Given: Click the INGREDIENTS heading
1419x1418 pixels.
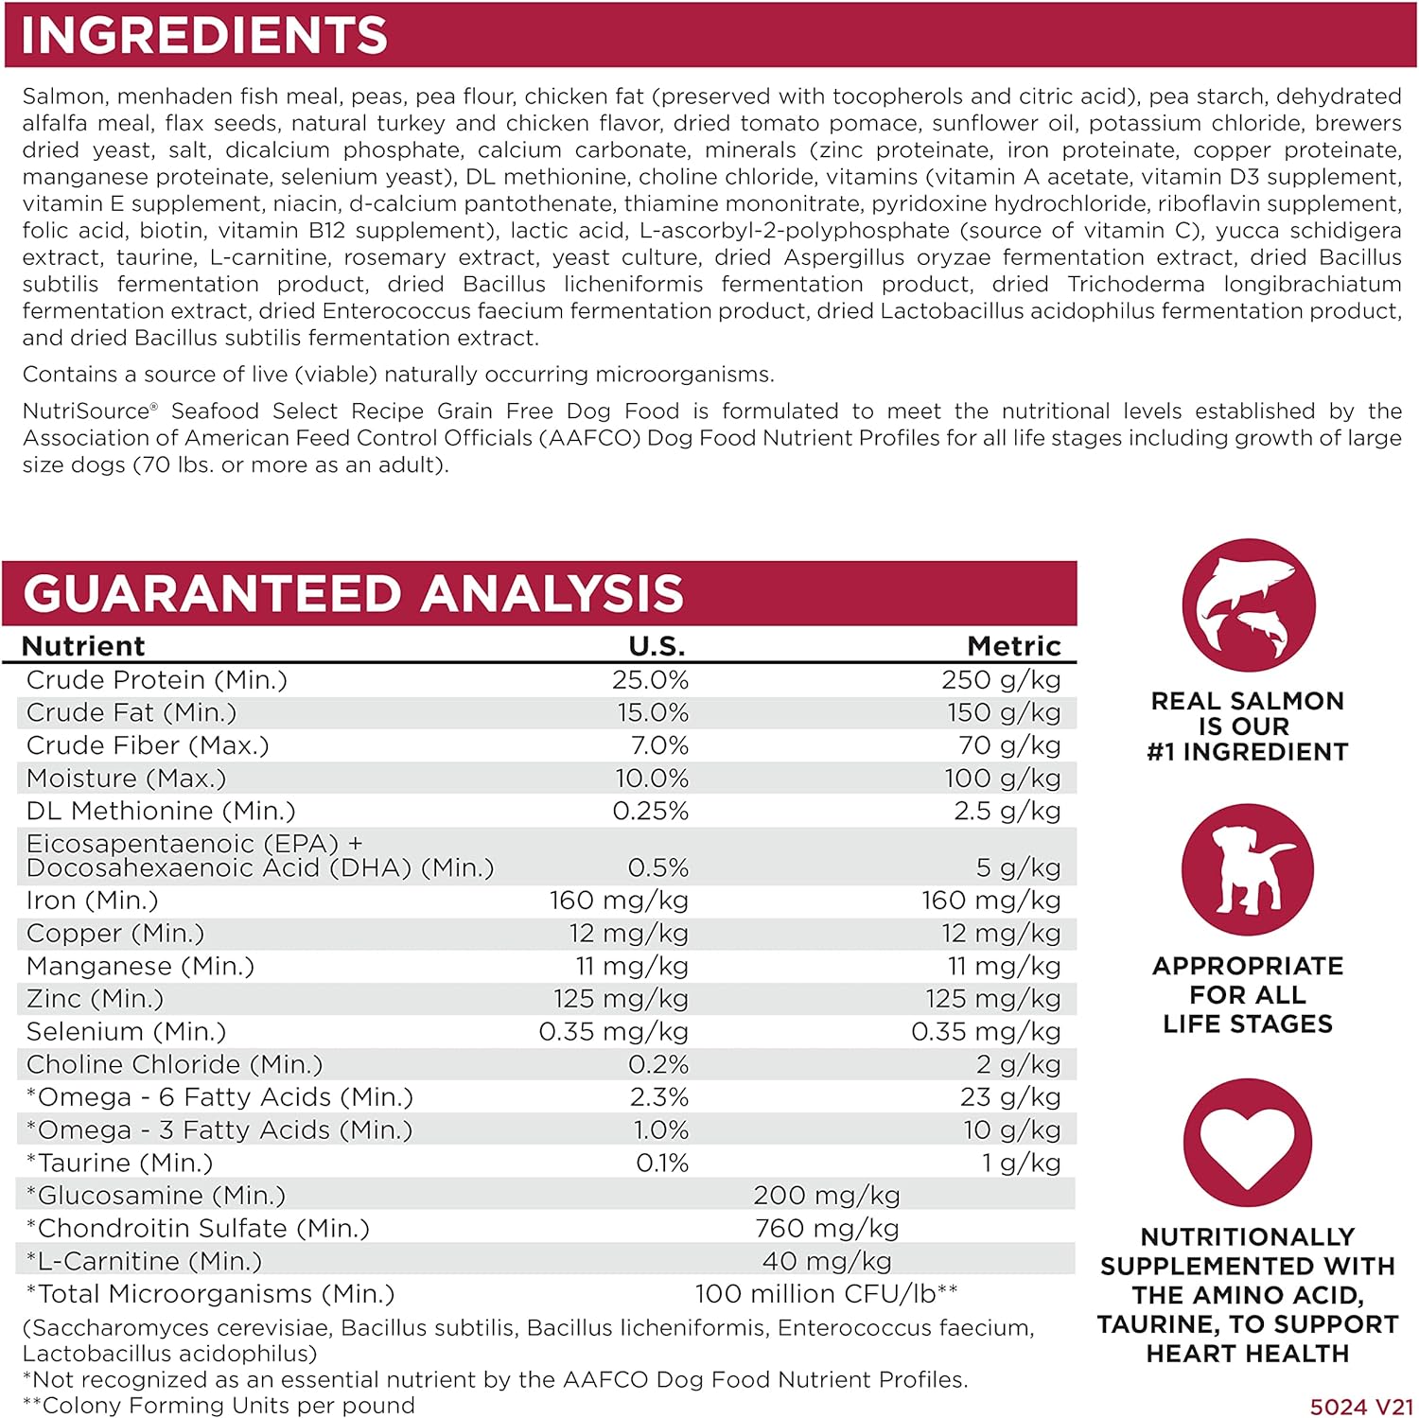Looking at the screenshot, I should pos(203,36).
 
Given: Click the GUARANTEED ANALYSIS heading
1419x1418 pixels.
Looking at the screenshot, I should pos(353,594).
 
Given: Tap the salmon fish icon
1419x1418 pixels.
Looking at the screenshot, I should pos(1248,605).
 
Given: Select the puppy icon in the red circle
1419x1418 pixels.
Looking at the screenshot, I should pos(1248,870).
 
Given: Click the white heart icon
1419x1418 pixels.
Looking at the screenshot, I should pos(1248,1144).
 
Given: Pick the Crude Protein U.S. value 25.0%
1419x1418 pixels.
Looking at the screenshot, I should pos(650,680).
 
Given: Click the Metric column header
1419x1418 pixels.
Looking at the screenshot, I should pos(1013,646).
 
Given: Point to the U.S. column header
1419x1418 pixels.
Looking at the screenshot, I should pos(657,646).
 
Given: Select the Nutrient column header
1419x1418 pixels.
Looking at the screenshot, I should pos(83,646).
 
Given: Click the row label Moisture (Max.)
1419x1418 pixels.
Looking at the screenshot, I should pos(127,779).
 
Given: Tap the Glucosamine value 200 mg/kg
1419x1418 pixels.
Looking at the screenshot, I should pos(826,1196).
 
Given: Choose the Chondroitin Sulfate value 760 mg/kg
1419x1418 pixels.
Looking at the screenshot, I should pos(826,1229).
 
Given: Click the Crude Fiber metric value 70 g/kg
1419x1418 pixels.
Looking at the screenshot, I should pos(1008,745).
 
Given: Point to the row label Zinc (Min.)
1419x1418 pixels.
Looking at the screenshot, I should pos(95,999).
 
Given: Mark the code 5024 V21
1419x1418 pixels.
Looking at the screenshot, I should pos(1361,1407).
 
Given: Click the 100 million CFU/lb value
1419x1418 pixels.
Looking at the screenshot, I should pos(826,1294).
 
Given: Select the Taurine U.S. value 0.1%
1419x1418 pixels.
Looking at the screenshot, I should pos(661,1163).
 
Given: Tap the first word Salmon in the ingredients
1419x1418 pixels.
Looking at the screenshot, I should pos(62,96).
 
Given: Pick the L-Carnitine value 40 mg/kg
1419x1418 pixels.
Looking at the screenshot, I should pos(826,1261).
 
